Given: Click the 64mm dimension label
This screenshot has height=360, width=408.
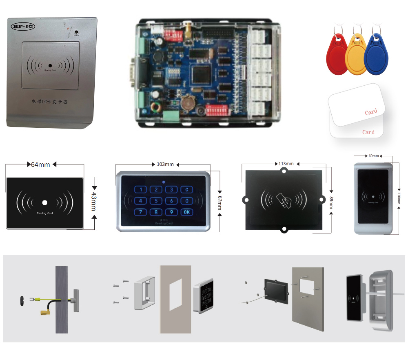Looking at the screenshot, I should [40, 164].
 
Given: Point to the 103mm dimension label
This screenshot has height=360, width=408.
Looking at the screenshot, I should [165, 164].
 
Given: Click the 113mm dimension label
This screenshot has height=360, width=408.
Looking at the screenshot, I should [286, 164].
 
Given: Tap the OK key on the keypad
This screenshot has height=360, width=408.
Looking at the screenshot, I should [186, 212].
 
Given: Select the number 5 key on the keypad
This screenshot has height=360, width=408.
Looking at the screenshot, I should [156, 201].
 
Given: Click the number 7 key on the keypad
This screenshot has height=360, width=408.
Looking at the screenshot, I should [141, 212].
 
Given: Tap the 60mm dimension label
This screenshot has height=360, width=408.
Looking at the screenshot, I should [374, 156].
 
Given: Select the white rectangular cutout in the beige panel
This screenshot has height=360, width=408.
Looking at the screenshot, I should [175, 296].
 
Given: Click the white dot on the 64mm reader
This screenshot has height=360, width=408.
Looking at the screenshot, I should [45, 202].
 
